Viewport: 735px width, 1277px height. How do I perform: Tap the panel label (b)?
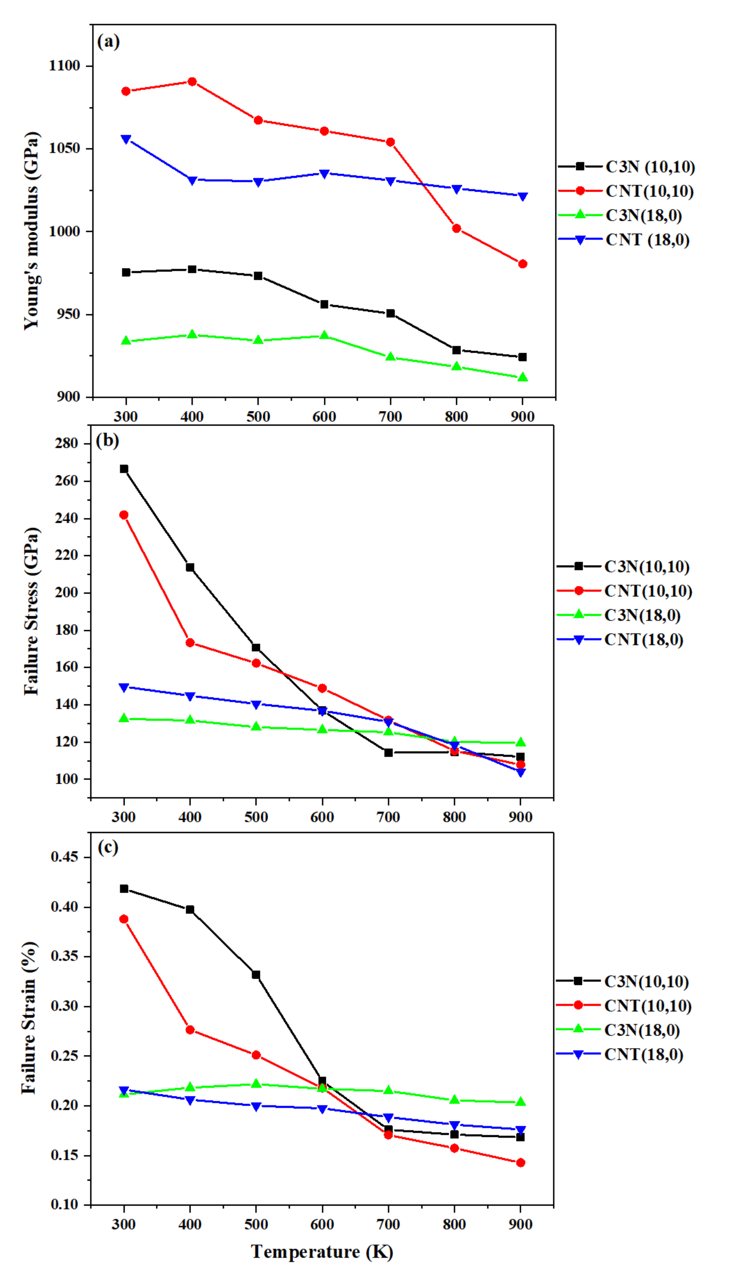pos(107,441)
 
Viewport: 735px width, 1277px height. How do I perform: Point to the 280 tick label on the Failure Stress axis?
pos(67,443)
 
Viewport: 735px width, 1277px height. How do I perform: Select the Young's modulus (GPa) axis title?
pos(31,231)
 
